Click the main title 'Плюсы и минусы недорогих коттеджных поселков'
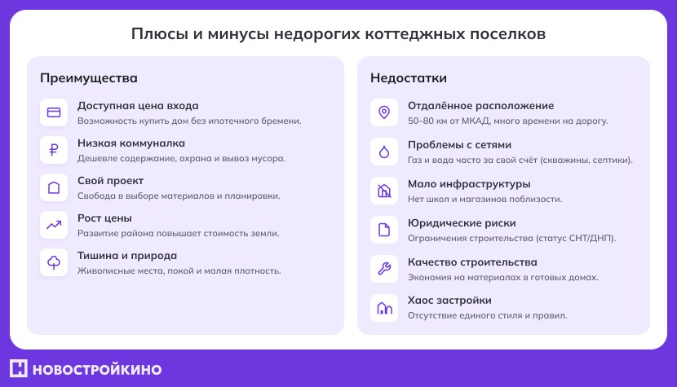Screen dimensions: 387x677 tap(338, 34)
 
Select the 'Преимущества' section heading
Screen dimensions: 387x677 tap(89, 78)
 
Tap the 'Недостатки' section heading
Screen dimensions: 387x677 tap(409, 78)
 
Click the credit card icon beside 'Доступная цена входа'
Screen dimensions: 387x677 tap(54, 112)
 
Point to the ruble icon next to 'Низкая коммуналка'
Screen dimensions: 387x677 tap(54, 150)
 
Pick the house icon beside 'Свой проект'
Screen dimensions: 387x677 tap(54, 187)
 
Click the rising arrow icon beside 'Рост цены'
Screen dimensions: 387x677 tap(54, 225)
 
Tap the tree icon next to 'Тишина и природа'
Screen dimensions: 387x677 tap(54, 262)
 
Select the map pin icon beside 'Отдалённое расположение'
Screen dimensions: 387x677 tap(384, 112)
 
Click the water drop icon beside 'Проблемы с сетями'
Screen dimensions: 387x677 tap(384, 152)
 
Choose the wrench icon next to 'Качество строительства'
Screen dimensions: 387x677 tap(384, 269)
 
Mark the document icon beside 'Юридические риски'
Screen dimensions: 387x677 tap(384, 230)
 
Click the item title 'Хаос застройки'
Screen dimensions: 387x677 tap(449, 300)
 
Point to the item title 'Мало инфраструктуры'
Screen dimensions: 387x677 tap(469, 183)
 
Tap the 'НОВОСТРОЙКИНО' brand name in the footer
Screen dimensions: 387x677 tap(98, 369)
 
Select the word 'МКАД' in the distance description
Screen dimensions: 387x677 tap(479, 121)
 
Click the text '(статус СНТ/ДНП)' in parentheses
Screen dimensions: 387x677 tap(576, 238)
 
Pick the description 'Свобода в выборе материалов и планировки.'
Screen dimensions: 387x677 tap(179, 196)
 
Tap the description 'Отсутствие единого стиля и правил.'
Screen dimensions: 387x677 tap(487, 315)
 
